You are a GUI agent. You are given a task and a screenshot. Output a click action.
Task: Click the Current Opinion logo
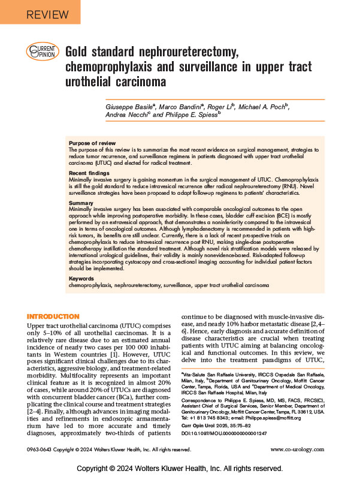[x=43, y=52]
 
